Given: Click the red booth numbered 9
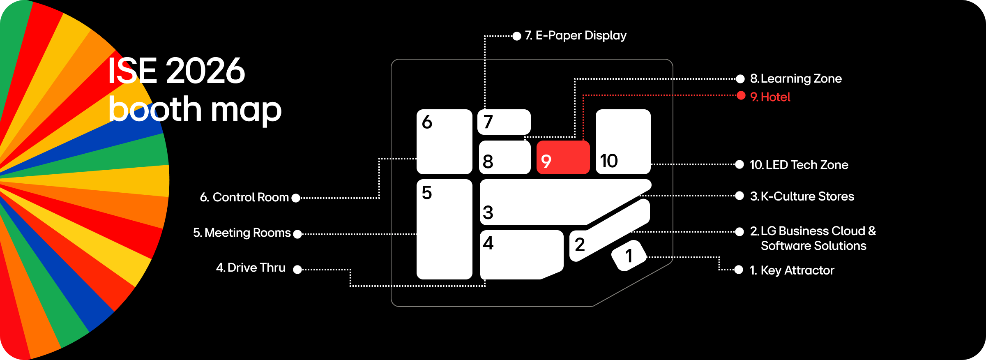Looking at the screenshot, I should [563, 157].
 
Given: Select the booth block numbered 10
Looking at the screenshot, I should [623, 142].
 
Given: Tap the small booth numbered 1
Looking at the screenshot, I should [629, 256].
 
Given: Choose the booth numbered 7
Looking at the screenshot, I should [504, 122].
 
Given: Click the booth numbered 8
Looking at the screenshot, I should [505, 157].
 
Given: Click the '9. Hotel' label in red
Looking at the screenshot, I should [770, 97].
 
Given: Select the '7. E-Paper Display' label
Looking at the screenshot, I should [576, 35].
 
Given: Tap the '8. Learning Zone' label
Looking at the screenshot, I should [796, 78].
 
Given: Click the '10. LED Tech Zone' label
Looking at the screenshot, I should [799, 165].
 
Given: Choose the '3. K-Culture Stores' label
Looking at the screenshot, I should [802, 196].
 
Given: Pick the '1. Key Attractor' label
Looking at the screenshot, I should [792, 270].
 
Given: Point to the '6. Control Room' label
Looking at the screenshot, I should [244, 198].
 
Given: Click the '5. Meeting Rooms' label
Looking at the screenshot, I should [242, 233].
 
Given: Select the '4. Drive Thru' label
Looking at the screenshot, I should [251, 268].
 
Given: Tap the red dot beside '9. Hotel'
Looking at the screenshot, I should [741, 96].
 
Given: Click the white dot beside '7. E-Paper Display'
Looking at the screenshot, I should [517, 36].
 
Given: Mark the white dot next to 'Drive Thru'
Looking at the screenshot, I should [297, 270].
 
